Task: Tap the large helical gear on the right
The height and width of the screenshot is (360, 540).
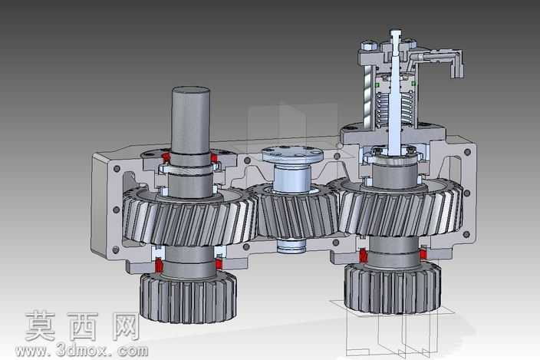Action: [x=400, y=210]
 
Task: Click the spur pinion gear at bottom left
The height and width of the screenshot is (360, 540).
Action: [x=188, y=297]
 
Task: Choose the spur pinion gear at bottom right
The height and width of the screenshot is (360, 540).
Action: [x=393, y=288]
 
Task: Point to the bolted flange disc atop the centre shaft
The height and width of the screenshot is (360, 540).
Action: [x=292, y=154]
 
